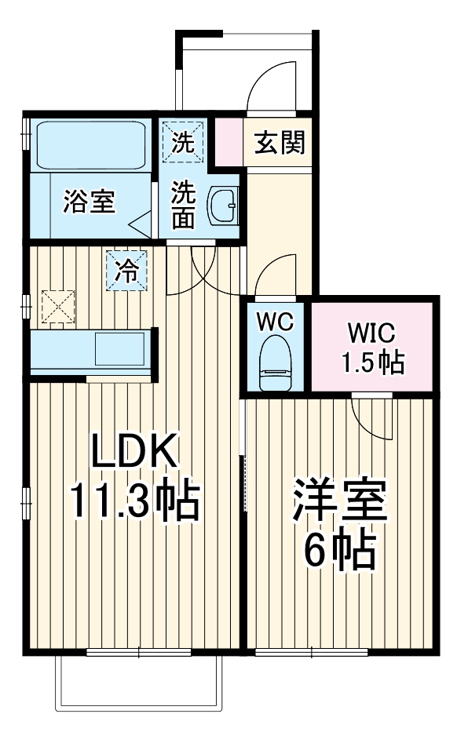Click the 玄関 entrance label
click(279, 144)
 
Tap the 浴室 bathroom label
click(90, 202)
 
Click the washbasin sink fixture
click(223, 206)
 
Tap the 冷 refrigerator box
click(126, 271)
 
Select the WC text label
click(275, 322)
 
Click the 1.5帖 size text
click(372, 362)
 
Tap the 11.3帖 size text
click(133, 502)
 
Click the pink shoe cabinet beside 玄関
click(228, 142)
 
